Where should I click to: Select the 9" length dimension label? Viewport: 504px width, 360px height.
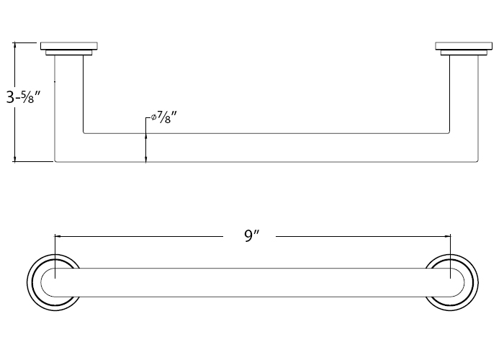coord(251,235)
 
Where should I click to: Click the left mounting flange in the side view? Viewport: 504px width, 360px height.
coord(69,48)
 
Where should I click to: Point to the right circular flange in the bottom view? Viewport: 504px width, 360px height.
coord(452,282)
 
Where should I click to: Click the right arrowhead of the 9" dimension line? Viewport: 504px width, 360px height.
coord(447,235)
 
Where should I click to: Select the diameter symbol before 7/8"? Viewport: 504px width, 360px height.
coord(153,117)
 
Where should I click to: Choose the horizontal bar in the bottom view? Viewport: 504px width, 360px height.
coord(252,282)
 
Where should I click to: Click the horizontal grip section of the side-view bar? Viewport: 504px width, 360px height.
coord(266,148)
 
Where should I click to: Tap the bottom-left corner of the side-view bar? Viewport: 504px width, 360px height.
coord(56,161)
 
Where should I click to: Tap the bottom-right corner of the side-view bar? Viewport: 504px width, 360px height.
coord(476,161)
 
